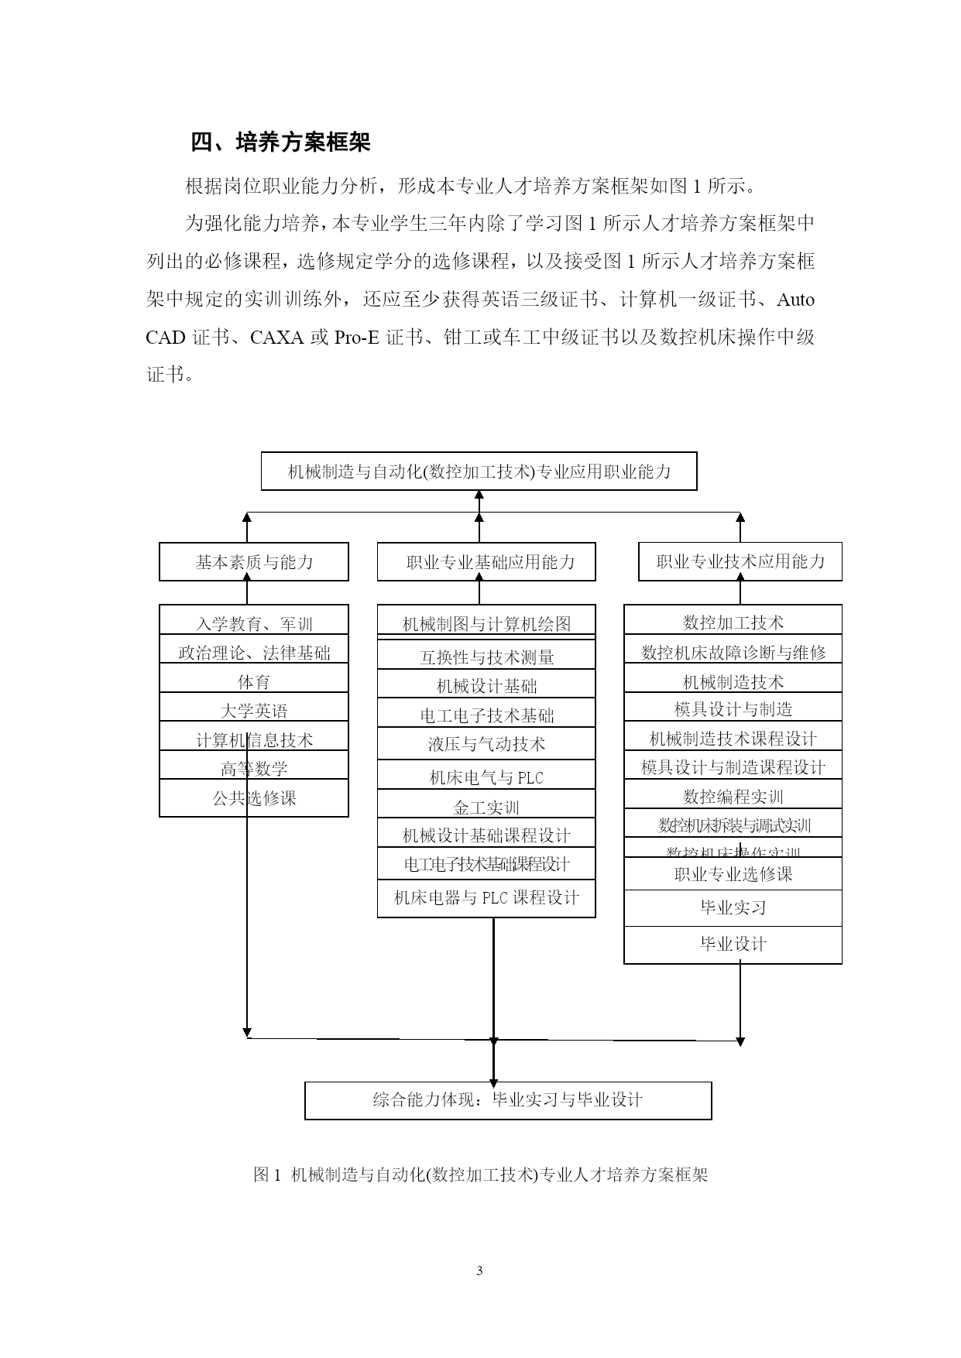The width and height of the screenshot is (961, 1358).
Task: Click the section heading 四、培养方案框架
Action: tap(280, 142)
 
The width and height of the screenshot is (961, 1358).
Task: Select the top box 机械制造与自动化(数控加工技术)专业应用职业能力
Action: tap(479, 471)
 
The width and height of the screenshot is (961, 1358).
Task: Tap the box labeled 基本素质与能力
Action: tap(254, 561)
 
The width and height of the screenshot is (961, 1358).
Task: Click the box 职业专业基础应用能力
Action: tap(486, 561)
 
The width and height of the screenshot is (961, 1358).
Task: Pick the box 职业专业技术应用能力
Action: tap(740, 561)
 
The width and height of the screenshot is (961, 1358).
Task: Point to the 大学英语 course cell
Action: tap(254, 709)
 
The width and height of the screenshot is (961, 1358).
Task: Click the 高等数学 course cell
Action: tap(254, 767)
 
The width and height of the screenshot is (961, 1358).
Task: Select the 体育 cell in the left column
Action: tap(254, 681)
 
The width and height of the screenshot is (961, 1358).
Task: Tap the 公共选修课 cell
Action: tap(254, 797)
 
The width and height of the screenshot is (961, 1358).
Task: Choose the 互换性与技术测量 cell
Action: tap(486, 657)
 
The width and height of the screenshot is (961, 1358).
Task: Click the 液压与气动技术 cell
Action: tap(486, 744)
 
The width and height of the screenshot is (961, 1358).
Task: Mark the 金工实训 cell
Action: tap(486, 807)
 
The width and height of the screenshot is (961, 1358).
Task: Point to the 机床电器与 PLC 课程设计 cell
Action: tap(486, 898)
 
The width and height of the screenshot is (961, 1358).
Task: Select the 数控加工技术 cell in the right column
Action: tap(733, 622)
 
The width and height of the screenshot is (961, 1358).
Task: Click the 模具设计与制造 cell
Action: tap(733, 708)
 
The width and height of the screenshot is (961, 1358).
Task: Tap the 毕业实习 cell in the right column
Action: tap(733, 907)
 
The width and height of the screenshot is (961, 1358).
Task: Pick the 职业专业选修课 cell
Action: tap(733, 874)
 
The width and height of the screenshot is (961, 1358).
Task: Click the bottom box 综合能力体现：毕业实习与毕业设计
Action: tap(508, 1100)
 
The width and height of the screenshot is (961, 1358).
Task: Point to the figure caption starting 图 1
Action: tap(480, 1175)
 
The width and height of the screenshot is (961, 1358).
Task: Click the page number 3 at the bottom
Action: tap(479, 1271)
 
